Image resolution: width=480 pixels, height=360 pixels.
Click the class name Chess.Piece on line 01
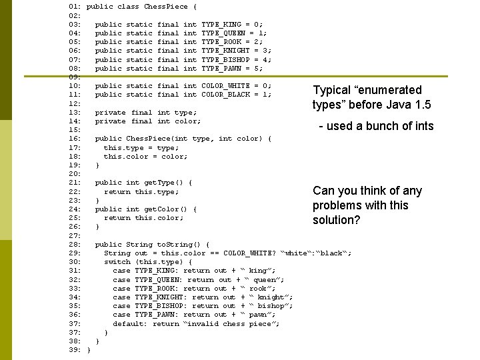pyautogui.click(x=166, y=7)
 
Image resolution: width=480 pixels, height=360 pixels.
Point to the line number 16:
pyautogui.click(x=75, y=139)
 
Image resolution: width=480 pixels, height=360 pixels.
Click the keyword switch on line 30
pyautogui.click(x=117, y=262)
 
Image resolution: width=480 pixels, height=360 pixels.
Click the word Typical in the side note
pyautogui.click(x=333, y=90)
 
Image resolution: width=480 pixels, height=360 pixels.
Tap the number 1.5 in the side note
pyautogui.click(x=421, y=105)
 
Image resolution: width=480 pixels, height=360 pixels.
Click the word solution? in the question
pyautogui.click(x=337, y=220)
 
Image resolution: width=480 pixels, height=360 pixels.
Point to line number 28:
pyautogui.click(x=75, y=245)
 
